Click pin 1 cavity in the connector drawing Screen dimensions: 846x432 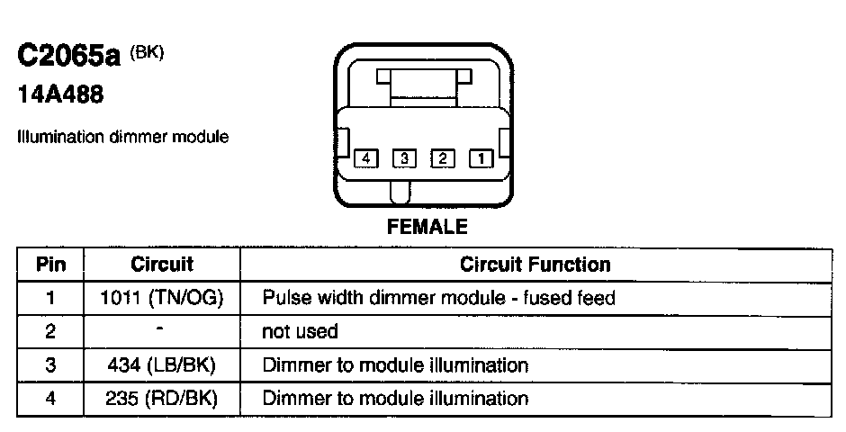(481, 159)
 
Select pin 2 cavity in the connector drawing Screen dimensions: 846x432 (443, 159)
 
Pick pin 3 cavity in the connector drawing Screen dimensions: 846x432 (404, 159)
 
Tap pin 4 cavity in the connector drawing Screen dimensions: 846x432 (365, 159)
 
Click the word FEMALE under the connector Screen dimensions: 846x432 (427, 227)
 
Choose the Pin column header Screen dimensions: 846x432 (50, 265)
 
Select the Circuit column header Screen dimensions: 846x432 (162, 265)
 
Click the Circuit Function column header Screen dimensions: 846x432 (535, 265)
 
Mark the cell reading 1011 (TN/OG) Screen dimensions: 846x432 (162, 298)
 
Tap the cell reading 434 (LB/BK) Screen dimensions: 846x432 (162, 365)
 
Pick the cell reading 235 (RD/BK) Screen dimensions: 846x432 (162, 399)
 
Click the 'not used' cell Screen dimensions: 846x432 (300, 332)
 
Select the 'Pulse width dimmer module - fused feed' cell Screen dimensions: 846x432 (438, 298)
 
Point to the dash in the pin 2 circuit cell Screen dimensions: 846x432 (162, 329)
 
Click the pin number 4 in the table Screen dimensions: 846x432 (50, 399)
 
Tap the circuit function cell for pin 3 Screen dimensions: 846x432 (395, 365)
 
